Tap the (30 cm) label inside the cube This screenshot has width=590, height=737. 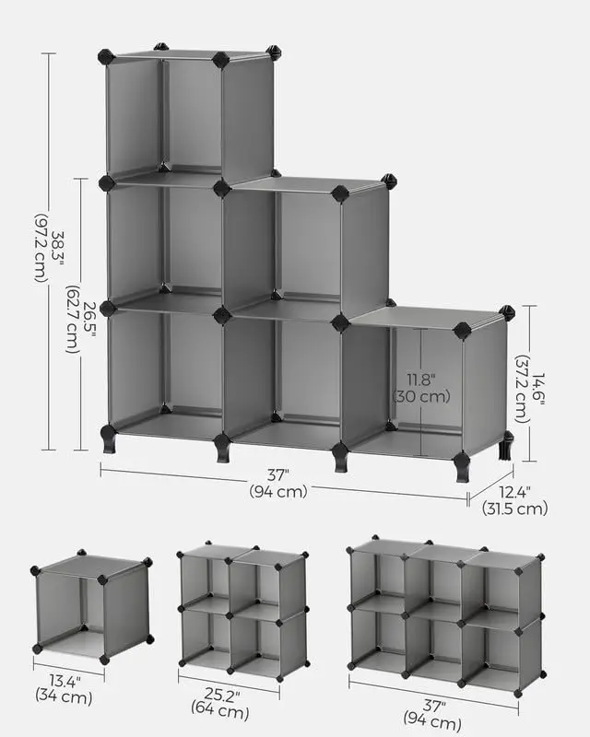click(420, 397)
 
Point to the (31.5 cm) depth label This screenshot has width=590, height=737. click(514, 509)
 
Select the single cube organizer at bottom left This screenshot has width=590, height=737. click(92, 608)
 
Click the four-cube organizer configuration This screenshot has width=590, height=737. click(242, 610)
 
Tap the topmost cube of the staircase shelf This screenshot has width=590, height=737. click(189, 115)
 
